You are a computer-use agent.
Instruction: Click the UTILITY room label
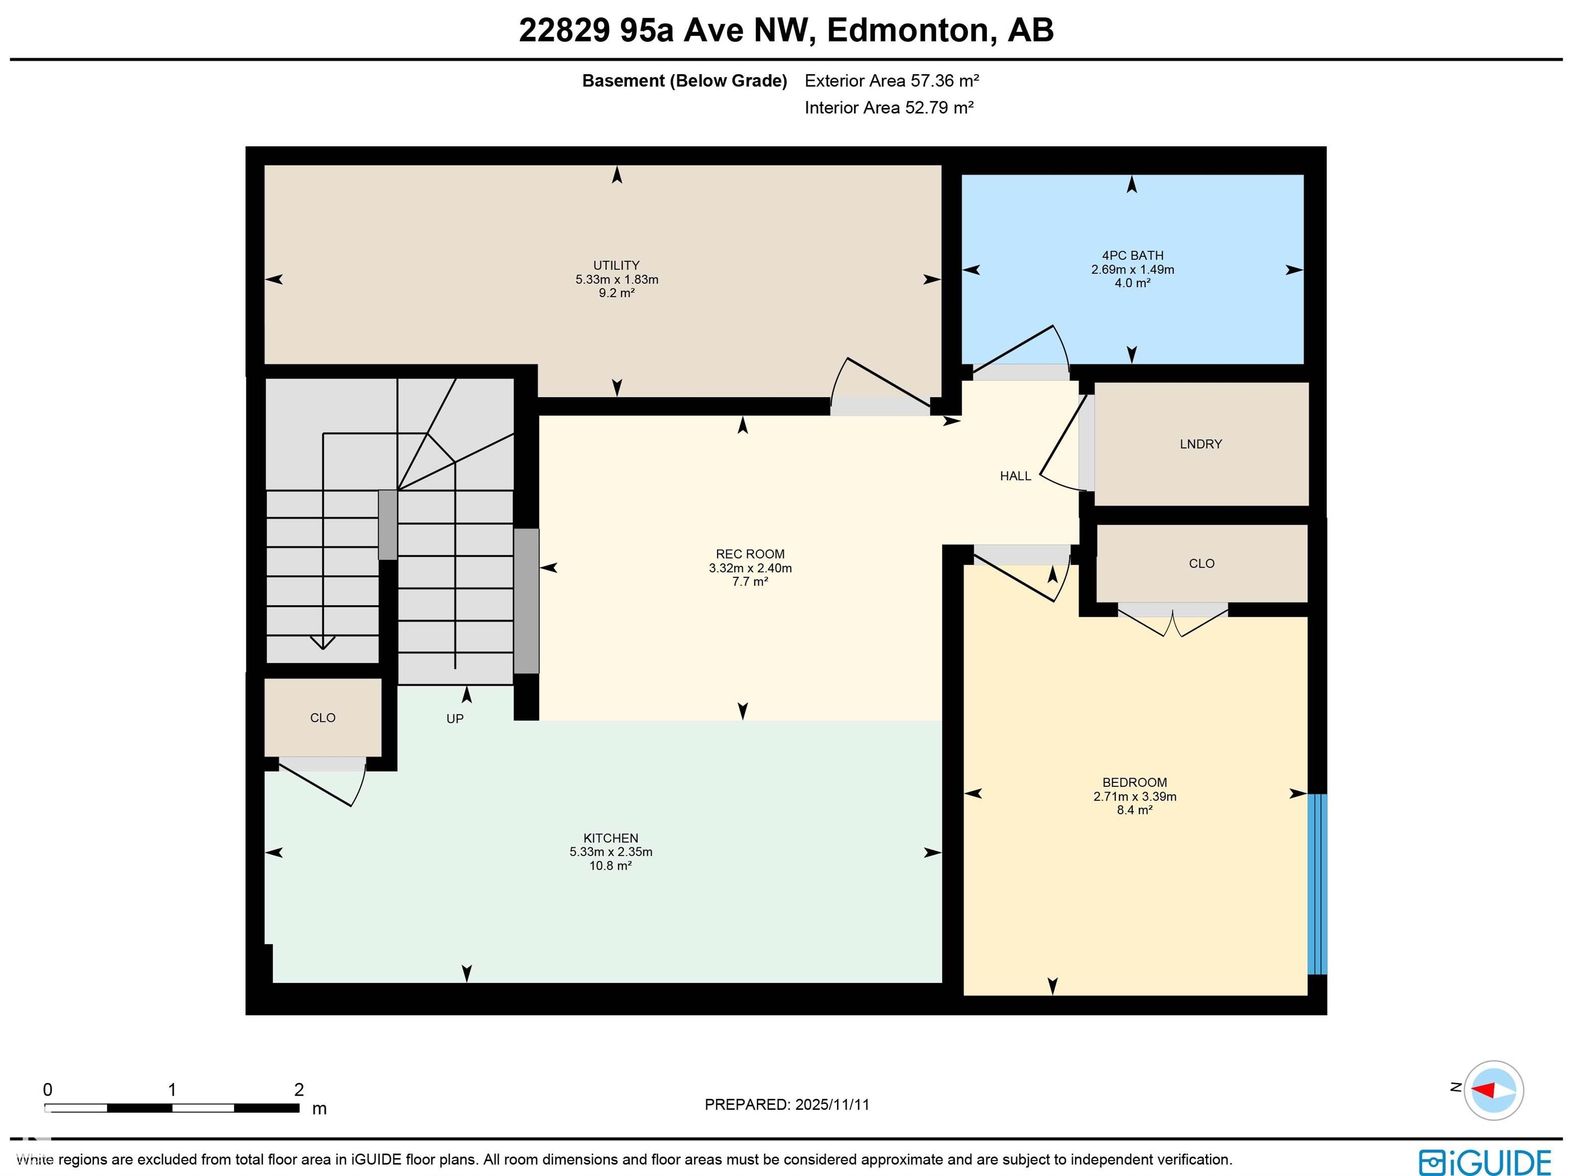pyautogui.click(x=616, y=265)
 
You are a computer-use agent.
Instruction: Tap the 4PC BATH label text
pyautogui.click(x=1132, y=256)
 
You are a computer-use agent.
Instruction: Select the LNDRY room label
pyautogui.click(x=1200, y=444)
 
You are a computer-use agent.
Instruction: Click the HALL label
pyautogui.click(x=1015, y=476)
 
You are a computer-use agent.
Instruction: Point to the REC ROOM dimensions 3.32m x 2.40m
pyautogui.click(x=750, y=568)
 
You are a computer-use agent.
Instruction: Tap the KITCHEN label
pyautogui.click(x=610, y=838)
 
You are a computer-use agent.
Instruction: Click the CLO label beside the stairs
pyautogui.click(x=323, y=717)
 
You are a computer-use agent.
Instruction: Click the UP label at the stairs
pyautogui.click(x=455, y=719)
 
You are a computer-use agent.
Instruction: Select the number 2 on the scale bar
pyautogui.click(x=299, y=1090)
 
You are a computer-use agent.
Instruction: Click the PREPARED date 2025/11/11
pyautogui.click(x=787, y=1104)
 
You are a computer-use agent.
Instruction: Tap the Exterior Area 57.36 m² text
pyautogui.click(x=891, y=81)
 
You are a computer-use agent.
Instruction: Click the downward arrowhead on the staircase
pyautogui.click(x=323, y=643)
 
